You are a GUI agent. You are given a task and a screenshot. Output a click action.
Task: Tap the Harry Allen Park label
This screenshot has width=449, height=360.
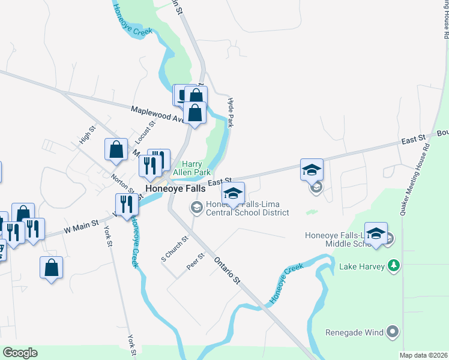pyautogui.click(x=191, y=168)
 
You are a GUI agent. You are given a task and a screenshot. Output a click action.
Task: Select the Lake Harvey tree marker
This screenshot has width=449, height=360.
pyautogui.click(x=393, y=265)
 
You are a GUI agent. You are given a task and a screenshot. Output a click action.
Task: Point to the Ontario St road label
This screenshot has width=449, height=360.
pyautogui.click(x=228, y=271)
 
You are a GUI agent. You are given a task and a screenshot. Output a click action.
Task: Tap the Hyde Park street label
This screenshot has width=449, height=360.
pyautogui.click(x=230, y=113)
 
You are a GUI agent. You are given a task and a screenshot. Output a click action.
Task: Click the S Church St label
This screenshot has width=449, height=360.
pyautogui.click(x=175, y=248)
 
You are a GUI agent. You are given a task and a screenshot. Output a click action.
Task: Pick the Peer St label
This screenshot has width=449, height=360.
pyautogui.click(x=196, y=261)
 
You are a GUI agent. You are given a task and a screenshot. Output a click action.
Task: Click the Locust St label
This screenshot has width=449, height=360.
pyautogui.click(x=145, y=132)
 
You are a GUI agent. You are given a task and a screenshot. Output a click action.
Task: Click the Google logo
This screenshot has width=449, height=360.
pyautogui.click(x=20, y=353)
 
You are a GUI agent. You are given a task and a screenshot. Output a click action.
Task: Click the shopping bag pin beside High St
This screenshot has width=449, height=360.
pyautogui.click(x=116, y=151)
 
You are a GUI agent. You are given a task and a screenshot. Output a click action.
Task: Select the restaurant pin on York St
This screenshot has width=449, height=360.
pyautogui.click(x=127, y=205)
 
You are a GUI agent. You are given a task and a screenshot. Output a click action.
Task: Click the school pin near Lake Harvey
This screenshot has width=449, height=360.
pyautogui.click(x=376, y=234)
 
